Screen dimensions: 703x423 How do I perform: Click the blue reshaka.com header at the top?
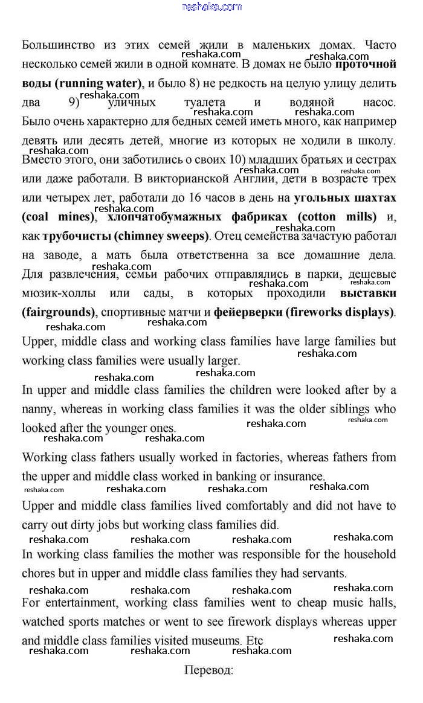point(211,7)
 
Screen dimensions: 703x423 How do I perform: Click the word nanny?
point(37,409)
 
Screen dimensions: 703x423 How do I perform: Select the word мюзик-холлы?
point(58,294)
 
